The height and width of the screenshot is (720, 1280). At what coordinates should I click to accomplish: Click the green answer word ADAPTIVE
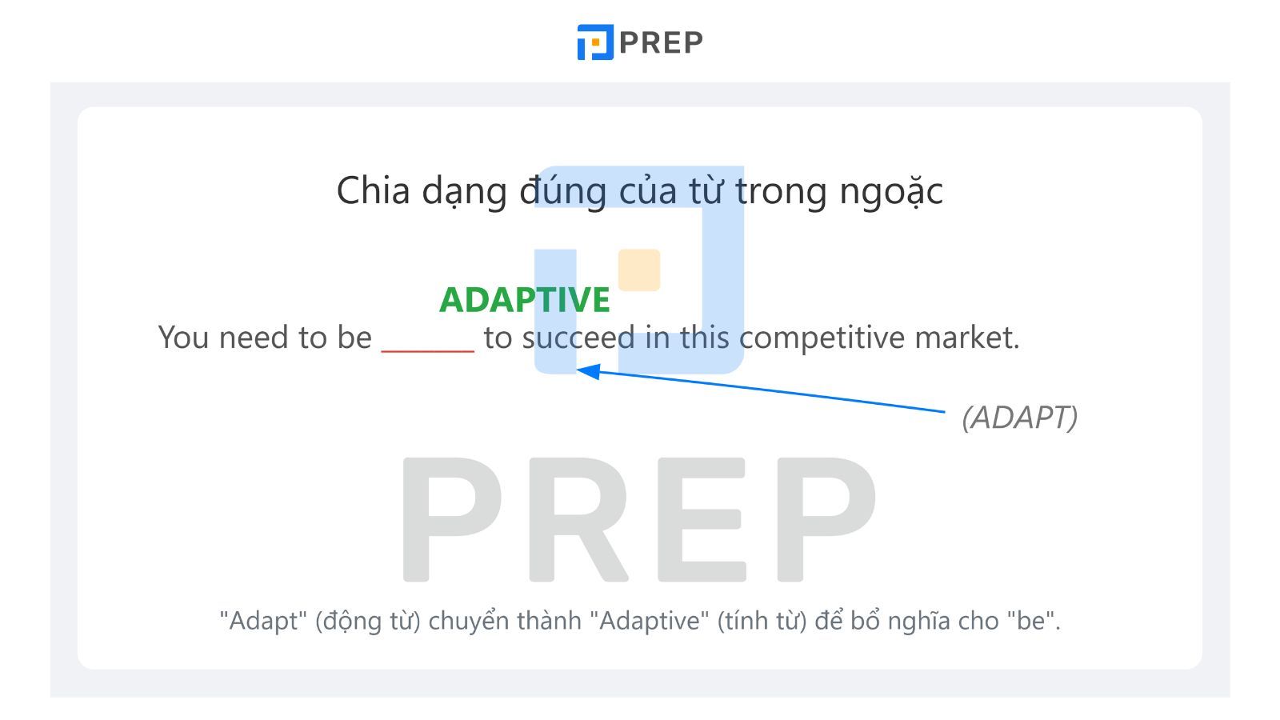(525, 299)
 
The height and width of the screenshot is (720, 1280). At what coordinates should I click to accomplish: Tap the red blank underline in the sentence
(427, 351)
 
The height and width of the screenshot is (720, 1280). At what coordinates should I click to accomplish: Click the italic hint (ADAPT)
(1019, 417)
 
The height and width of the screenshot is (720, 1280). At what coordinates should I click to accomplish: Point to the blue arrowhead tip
(577, 370)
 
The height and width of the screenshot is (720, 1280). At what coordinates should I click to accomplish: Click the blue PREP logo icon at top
(595, 42)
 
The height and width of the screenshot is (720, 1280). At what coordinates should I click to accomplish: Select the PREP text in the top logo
(661, 42)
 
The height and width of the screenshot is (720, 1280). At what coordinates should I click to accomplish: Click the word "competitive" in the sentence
(822, 337)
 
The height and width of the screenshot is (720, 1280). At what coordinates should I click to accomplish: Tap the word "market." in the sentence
(967, 337)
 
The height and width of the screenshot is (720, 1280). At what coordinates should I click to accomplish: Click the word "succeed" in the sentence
(578, 337)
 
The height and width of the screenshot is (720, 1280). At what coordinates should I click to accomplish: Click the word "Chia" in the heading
(373, 190)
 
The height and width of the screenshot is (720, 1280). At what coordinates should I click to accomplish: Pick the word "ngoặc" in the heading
(891, 191)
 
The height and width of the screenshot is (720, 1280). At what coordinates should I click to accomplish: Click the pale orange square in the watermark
(639, 270)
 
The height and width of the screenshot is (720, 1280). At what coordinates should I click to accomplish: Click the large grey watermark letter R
(578, 519)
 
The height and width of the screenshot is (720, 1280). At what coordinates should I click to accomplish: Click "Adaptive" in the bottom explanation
(650, 621)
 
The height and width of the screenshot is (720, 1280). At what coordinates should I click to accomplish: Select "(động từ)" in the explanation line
(367, 621)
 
